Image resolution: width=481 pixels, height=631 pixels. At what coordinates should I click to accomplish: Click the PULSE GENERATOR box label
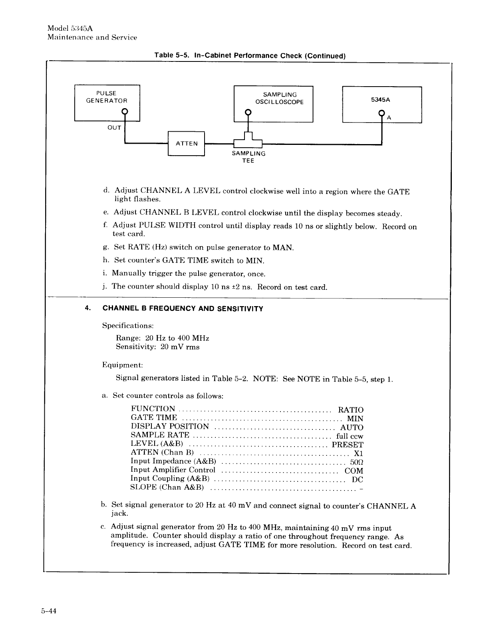point(107,97)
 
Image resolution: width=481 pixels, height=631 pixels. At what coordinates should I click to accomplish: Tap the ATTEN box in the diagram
point(187,144)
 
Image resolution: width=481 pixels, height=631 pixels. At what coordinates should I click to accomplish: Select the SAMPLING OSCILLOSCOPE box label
point(280,98)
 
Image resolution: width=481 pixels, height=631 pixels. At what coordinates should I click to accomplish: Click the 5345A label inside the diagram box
point(380,100)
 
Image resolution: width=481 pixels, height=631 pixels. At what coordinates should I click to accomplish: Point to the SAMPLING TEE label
point(248,157)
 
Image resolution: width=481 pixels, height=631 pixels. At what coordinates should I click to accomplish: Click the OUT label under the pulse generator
point(114,128)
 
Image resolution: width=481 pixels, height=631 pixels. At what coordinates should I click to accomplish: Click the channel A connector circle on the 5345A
point(382,113)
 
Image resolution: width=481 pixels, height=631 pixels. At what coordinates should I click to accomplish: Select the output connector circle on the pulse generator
point(125,111)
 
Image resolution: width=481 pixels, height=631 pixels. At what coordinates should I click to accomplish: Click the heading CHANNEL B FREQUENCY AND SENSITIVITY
point(183,309)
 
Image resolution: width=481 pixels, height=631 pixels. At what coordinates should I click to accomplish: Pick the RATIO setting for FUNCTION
point(350,410)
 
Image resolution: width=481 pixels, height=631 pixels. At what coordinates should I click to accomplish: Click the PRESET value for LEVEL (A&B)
point(348,445)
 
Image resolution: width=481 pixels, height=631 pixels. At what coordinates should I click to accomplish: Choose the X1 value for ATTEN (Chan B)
point(358,453)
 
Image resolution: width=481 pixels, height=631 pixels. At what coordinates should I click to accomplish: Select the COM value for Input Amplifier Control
point(354,471)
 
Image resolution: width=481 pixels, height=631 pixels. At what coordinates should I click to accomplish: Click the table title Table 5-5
point(250,55)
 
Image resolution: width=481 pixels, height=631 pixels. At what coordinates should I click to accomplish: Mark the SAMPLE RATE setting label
point(160,435)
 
